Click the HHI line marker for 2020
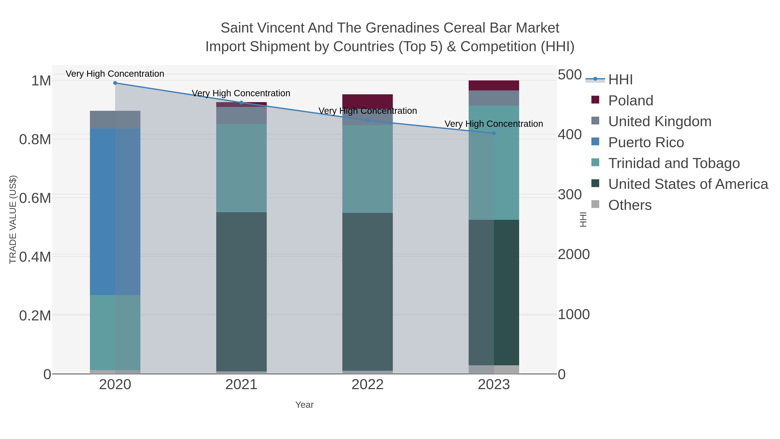click(x=115, y=83)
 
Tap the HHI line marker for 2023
click(x=494, y=133)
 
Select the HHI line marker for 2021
click(x=241, y=102)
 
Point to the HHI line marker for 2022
click(x=368, y=120)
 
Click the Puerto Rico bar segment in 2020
click(x=115, y=212)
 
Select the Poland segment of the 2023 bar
click(x=494, y=85)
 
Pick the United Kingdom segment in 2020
click(x=115, y=120)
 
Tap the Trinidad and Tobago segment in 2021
click(x=241, y=168)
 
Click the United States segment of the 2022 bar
click(x=368, y=292)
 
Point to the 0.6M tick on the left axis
click(x=35, y=198)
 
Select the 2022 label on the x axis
click(x=368, y=385)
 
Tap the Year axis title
click(x=305, y=405)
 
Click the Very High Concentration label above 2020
click(x=115, y=74)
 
